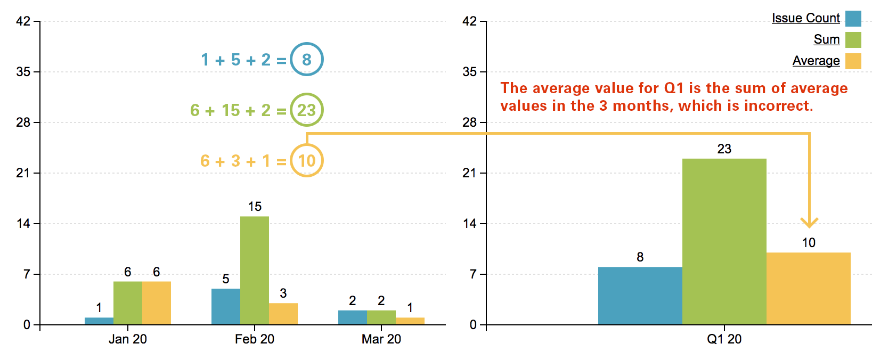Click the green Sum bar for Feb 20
click(255, 271)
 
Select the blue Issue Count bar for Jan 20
click(99, 321)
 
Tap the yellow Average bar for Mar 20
click(410, 321)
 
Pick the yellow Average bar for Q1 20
click(808, 289)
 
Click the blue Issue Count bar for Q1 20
click(640, 296)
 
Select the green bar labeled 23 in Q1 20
click(724, 241)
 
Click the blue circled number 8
click(307, 59)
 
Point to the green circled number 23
click(307, 110)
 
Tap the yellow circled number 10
click(307, 160)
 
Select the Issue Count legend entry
click(805, 18)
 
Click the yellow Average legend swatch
click(853, 61)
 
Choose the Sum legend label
click(826, 39)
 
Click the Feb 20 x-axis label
click(255, 339)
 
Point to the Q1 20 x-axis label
click(724, 339)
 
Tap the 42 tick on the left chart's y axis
click(23, 21)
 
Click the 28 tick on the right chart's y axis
click(469, 122)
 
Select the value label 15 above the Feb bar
click(255, 207)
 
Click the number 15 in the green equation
click(231, 110)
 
